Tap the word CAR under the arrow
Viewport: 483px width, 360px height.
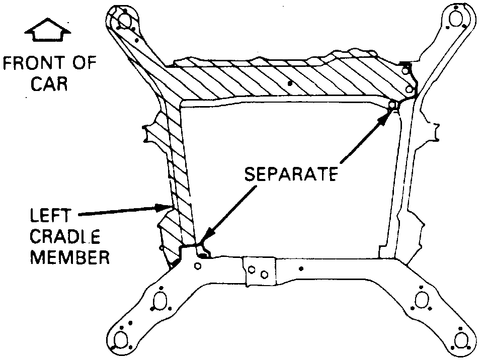click(49, 83)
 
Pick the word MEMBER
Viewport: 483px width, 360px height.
click(70, 257)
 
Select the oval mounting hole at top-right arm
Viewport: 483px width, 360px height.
click(455, 19)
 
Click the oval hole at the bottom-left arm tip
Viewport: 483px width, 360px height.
click(120, 340)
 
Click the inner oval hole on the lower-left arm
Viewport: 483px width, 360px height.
click(160, 302)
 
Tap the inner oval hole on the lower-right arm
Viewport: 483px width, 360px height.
click(421, 301)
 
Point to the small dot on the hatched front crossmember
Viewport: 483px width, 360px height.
click(289, 81)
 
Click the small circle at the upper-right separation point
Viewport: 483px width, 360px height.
click(393, 105)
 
